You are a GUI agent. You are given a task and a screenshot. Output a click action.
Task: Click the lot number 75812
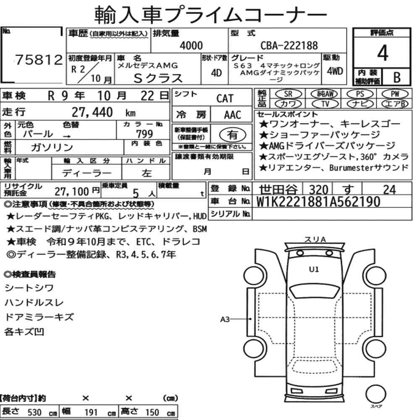click(x=39, y=60)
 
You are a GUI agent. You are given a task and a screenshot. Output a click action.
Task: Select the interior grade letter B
click(x=396, y=77)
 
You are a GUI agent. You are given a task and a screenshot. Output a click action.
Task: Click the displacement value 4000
click(x=191, y=46)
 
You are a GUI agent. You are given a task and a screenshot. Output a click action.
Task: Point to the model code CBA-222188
click(x=289, y=46)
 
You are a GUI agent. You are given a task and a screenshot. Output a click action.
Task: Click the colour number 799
click(x=144, y=134)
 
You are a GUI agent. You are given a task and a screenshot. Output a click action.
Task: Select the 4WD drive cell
click(x=335, y=71)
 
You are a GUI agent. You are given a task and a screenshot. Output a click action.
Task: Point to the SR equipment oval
click(x=288, y=94)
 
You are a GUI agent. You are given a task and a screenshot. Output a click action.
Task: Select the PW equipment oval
click(x=394, y=94)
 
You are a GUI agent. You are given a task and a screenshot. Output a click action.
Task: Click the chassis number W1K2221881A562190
click(x=318, y=202)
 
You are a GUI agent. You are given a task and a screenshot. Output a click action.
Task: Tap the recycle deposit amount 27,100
click(x=73, y=192)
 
